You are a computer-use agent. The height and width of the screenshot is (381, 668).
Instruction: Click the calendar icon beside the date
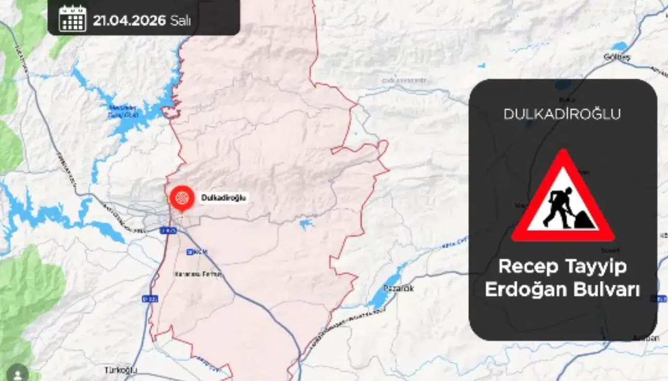pyautogui.click(x=73, y=19)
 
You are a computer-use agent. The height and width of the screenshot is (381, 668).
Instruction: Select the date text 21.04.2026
pyautogui.click(x=129, y=20)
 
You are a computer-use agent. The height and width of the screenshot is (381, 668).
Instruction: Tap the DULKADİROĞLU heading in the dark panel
pyautogui.click(x=562, y=114)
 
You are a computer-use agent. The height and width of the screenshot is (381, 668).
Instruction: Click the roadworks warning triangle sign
pyautogui.click(x=563, y=199)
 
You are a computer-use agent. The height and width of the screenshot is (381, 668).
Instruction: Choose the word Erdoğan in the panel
pyautogui.click(x=525, y=290)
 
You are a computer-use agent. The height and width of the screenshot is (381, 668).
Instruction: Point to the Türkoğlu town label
pyautogui.click(x=121, y=370)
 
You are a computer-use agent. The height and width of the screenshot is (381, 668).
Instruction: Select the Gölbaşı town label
pyautogui.click(x=617, y=57)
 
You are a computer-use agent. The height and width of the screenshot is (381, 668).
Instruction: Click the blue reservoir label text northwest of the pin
pyautogui.click(x=123, y=111)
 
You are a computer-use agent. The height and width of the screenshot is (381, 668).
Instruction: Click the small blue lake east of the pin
pyautogui.click(x=306, y=224)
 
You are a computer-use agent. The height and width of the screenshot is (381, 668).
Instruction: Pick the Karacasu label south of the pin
pyautogui.click(x=198, y=273)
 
